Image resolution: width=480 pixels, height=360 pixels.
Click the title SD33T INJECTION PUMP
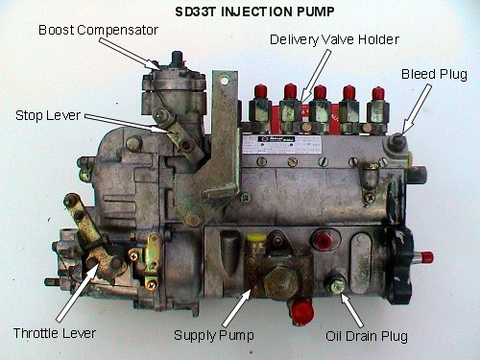tap(254, 12)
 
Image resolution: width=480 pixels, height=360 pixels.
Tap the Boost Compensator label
tap(98, 30)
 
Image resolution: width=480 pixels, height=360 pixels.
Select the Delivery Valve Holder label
tap(334, 39)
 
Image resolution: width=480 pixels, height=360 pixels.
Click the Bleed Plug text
tap(434, 74)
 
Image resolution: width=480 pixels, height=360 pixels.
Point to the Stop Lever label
tap(48, 115)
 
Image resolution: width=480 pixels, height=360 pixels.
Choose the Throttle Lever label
tap(55, 333)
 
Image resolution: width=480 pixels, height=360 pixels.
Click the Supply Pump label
tap(214, 335)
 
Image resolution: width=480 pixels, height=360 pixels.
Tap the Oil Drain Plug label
tap(367, 336)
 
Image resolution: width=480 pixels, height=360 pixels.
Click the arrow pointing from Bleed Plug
tap(416, 109)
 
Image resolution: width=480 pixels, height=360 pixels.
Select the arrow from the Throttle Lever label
tap(77, 293)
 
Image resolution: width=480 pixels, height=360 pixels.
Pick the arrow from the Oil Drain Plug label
tap(352, 309)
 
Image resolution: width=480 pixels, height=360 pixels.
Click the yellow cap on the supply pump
tap(255, 238)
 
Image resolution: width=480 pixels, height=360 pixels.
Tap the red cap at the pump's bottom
tap(302, 310)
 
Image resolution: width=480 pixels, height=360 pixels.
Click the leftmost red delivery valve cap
tap(260, 91)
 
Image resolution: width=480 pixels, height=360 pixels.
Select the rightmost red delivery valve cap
tap(378, 93)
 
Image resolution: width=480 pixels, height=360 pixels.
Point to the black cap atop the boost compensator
tap(177, 59)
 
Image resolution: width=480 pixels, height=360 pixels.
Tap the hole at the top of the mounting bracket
tap(225, 80)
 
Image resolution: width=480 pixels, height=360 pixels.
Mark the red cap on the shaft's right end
tap(428, 257)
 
